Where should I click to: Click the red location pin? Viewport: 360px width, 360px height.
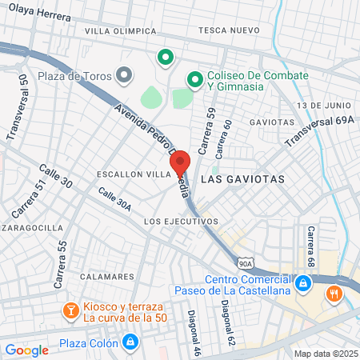(x=179, y=162)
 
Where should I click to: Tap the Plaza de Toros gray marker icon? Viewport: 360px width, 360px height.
(x=123, y=75)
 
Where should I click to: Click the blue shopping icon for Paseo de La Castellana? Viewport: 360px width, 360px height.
(x=302, y=283)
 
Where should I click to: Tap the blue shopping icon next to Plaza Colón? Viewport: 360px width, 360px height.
(x=130, y=345)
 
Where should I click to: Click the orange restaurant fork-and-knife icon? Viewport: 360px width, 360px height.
(x=334, y=294)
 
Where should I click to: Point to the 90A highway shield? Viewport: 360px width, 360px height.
(x=246, y=262)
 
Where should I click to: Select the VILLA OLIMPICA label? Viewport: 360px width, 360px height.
(x=121, y=31)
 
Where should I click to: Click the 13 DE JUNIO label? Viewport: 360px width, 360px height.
(x=323, y=106)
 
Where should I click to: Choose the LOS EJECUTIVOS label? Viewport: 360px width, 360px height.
(x=181, y=221)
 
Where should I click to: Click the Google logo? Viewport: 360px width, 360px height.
(x=27, y=350)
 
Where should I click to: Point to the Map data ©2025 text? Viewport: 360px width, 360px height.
(x=325, y=354)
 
